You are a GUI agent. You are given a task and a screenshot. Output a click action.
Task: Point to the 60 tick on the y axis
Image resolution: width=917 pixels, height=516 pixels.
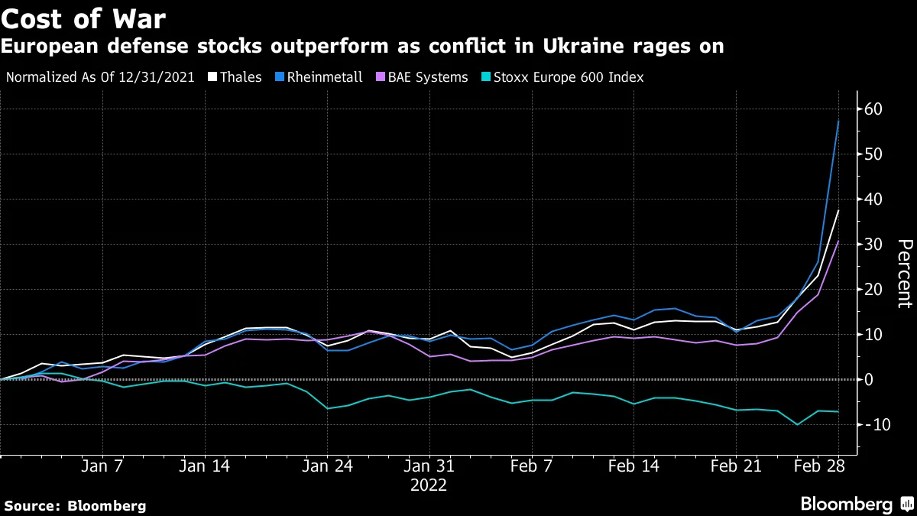point(873,109)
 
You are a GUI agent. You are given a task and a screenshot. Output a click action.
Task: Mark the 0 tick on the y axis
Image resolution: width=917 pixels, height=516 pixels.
point(869,379)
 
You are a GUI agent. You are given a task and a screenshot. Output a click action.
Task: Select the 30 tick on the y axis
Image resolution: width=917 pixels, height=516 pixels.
point(873,244)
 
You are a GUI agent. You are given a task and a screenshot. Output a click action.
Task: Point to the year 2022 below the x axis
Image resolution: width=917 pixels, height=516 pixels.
point(429,485)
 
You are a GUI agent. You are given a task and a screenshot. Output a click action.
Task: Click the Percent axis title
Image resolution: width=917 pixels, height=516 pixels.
point(904,274)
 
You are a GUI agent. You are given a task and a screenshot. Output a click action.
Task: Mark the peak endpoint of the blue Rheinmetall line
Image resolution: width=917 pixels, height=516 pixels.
point(838,120)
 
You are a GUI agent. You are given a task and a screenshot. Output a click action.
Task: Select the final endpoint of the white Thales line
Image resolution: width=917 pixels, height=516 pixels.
point(838,210)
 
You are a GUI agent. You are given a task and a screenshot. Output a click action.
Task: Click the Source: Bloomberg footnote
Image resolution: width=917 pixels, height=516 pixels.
point(75,505)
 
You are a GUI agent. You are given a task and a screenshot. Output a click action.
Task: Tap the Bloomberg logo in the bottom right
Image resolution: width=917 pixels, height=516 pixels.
point(855,504)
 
